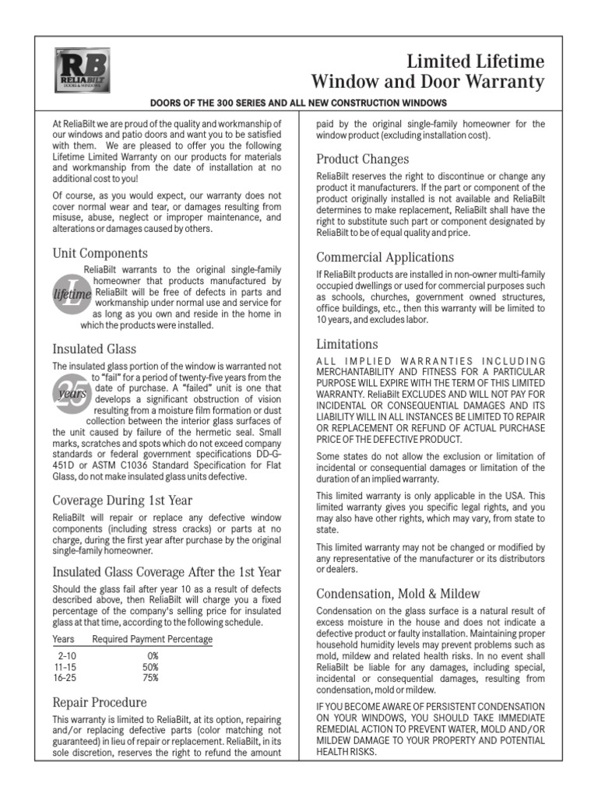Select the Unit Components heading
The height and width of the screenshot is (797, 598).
(x=100, y=253)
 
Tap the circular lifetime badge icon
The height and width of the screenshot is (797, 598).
(x=71, y=293)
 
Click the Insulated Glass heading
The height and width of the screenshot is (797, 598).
(x=94, y=348)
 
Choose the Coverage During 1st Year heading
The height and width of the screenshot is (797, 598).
(x=122, y=500)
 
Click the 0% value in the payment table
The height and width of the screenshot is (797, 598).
(x=151, y=656)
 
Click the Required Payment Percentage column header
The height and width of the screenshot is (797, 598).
(x=152, y=640)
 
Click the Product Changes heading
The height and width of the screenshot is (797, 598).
(x=362, y=160)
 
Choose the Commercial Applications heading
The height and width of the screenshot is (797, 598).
(x=385, y=257)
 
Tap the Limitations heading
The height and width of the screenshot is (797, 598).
(x=347, y=344)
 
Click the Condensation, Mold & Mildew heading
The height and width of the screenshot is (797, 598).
(x=398, y=594)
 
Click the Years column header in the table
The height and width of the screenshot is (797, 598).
(x=64, y=640)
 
